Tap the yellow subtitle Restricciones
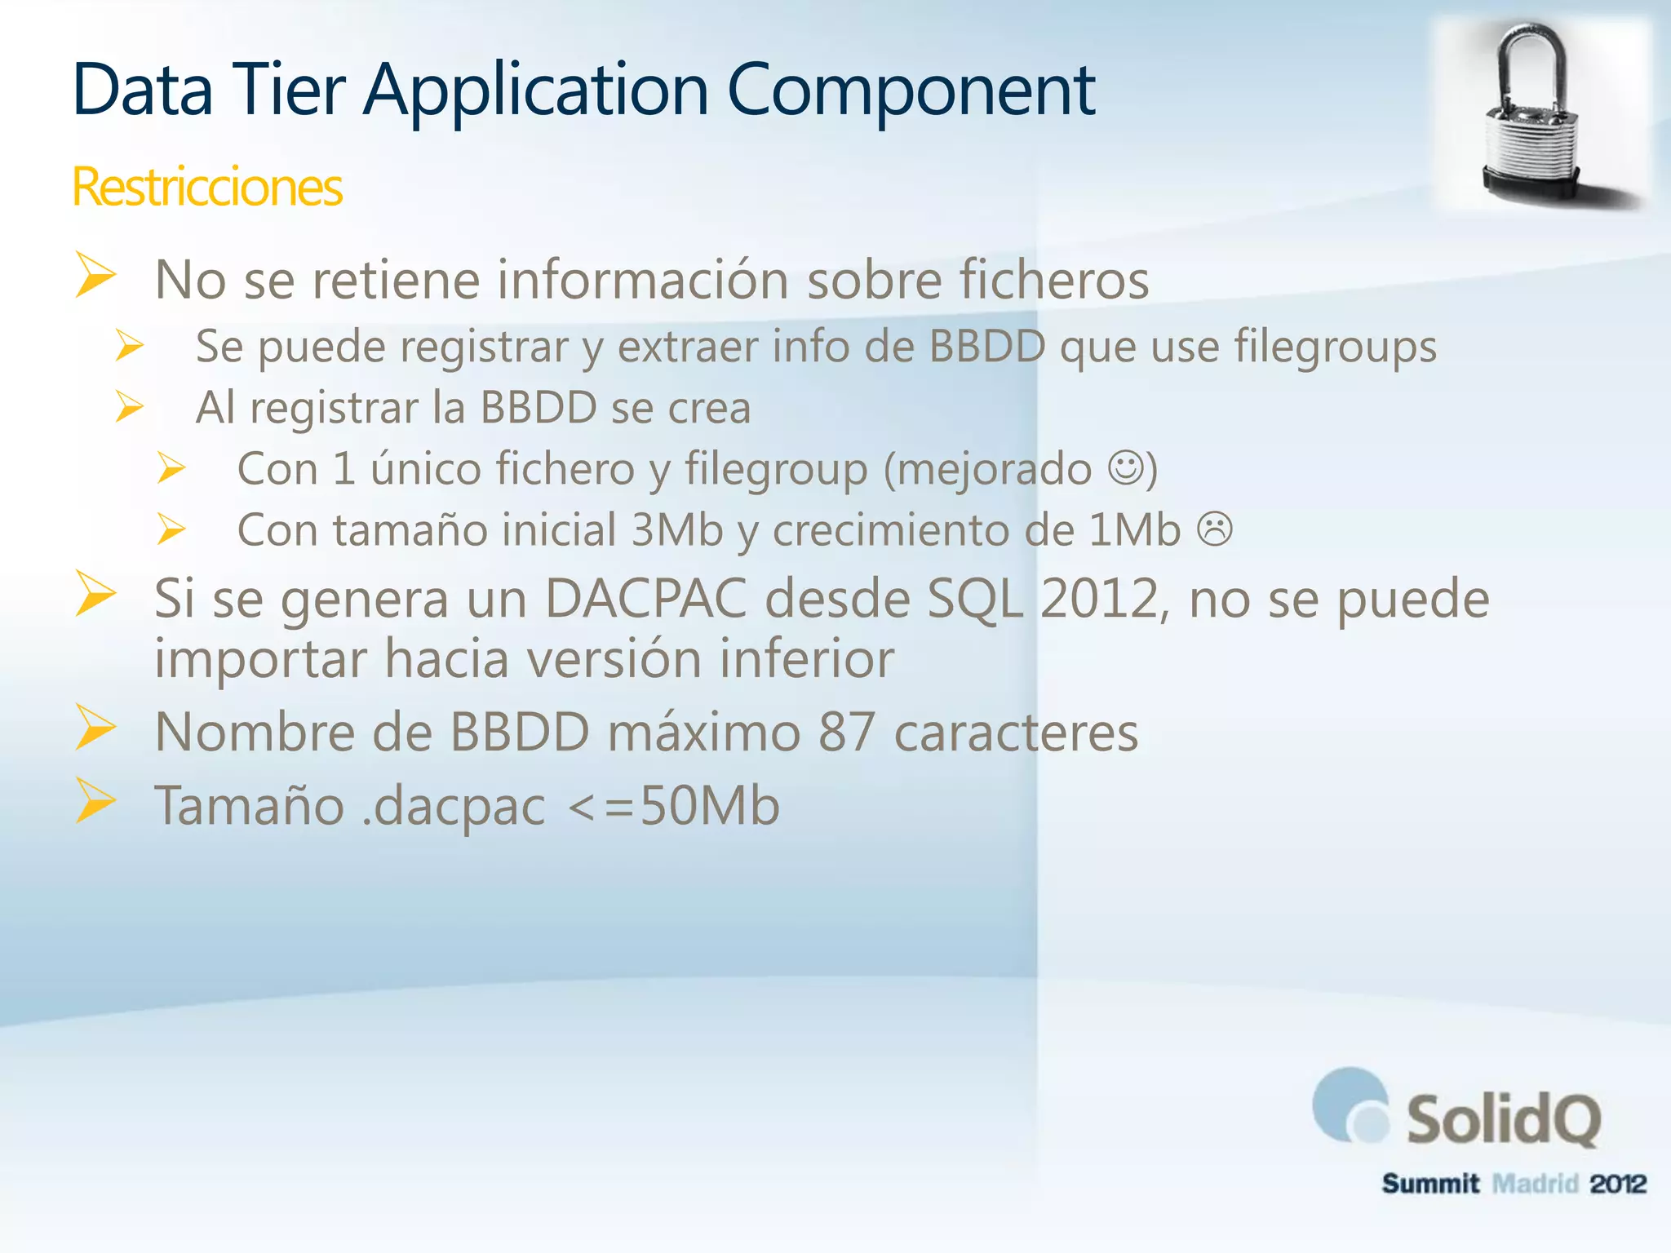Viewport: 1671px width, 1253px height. pos(207,187)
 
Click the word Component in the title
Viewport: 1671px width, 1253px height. pos(911,90)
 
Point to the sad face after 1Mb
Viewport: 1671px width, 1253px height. pos(1214,529)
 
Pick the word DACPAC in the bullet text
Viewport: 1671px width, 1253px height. pos(645,599)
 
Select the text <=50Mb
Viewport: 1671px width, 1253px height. pos(673,806)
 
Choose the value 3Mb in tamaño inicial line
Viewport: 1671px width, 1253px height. pos(677,530)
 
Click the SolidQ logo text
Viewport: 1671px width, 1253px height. pos(1503,1120)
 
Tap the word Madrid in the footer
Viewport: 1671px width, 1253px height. pos(1535,1183)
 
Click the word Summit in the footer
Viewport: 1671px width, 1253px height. pos(1430,1183)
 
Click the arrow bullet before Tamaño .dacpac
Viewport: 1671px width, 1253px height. pos(96,800)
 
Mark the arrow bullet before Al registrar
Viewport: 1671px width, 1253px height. pos(130,406)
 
